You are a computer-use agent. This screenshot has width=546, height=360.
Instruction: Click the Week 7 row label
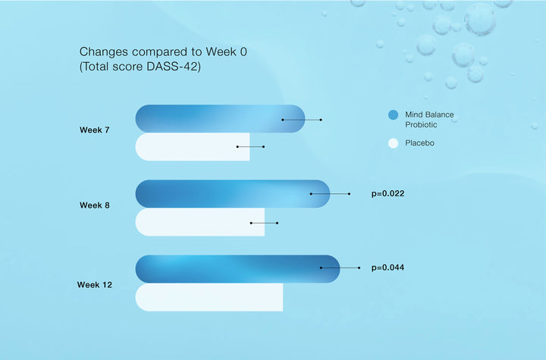[94, 130]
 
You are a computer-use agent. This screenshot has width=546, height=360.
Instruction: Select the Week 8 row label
[94, 205]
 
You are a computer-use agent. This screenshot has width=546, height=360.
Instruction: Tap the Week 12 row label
[94, 284]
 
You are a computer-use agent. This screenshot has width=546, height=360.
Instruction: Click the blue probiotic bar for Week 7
[220, 119]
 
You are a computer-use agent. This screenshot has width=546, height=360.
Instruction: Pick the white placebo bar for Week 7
[192, 146]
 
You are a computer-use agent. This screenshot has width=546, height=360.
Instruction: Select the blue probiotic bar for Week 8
[232, 194]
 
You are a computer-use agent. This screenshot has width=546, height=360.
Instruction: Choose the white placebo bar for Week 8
[200, 222]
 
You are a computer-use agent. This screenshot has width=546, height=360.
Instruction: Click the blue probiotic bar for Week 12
[237, 269]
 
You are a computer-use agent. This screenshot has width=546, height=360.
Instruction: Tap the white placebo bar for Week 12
[209, 297]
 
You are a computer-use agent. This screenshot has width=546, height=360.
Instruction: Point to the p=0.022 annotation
[388, 193]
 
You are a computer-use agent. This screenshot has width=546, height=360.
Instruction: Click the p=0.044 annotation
[388, 268]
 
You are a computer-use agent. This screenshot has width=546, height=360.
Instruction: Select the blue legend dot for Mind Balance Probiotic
[393, 115]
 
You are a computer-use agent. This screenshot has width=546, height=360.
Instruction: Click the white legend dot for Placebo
[393, 143]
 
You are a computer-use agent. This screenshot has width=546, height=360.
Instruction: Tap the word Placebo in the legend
[419, 142]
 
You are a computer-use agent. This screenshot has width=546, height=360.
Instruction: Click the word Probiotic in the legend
[421, 124]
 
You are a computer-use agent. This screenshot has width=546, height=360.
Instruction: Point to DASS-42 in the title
[174, 66]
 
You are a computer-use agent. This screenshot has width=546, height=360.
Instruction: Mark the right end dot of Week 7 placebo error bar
[264, 146]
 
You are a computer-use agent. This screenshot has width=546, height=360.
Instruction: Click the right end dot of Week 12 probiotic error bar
[359, 268]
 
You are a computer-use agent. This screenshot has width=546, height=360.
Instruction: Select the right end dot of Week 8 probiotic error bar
[350, 194]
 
